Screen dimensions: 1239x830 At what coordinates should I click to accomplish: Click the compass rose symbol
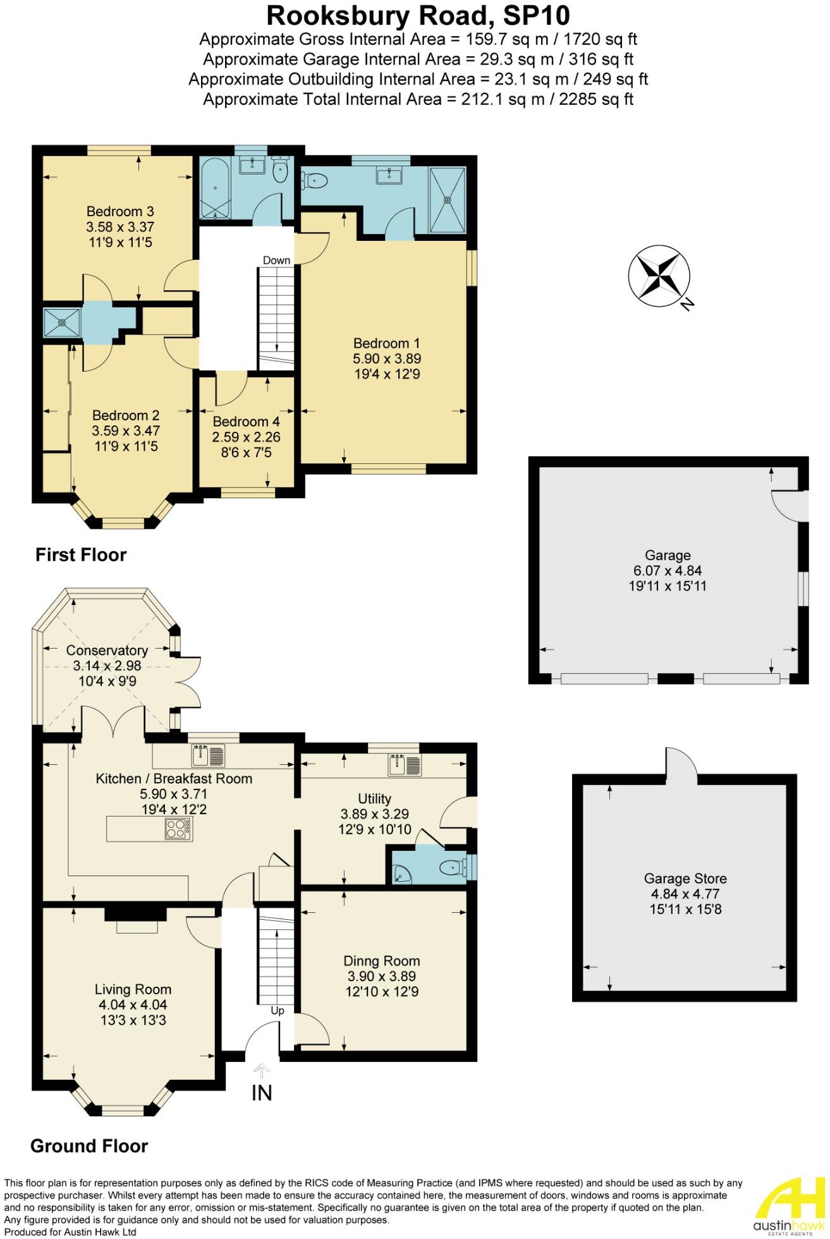(659, 276)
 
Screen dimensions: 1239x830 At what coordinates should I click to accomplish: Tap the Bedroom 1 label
(386, 343)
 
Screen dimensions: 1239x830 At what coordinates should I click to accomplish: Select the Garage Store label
(685, 878)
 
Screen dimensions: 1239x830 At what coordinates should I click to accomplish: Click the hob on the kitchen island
(178, 829)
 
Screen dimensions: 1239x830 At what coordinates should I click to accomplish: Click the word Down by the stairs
(276, 260)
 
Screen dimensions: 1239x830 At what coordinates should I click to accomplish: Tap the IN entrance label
(262, 1092)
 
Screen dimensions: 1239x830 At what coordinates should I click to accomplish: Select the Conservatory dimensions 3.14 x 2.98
(107, 666)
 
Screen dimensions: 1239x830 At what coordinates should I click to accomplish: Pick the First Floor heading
(81, 555)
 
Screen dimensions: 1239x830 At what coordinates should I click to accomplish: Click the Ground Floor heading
(89, 1146)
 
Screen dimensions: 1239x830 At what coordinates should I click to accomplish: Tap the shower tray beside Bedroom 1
(448, 199)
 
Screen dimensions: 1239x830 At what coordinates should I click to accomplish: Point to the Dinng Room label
(381, 961)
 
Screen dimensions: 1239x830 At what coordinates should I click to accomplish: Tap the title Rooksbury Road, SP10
(418, 15)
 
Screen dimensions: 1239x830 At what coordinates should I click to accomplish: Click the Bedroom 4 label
(246, 422)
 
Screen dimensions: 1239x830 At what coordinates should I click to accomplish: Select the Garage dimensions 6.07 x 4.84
(668, 570)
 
